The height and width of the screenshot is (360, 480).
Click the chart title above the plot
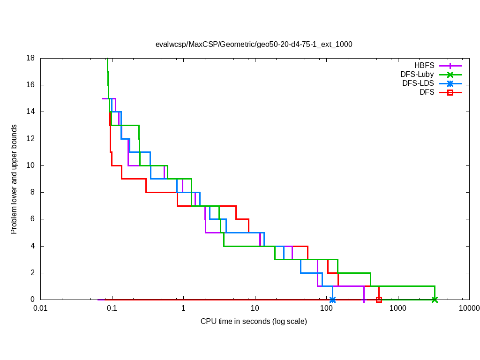point(254,45)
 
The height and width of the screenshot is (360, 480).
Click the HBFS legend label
point(424,66)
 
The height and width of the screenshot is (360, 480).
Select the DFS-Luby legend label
point(417,75)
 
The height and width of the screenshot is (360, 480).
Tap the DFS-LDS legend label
point(418,83)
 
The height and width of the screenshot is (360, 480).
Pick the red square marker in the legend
point(450,93)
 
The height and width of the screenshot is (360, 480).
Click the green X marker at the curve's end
point(435,300)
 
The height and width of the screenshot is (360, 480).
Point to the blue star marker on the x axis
point(332,300)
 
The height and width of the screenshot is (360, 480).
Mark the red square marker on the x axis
point(379,300)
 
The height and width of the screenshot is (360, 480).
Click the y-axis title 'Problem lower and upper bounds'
point(15,179)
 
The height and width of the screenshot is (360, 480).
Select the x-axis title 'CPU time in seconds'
point(254,322)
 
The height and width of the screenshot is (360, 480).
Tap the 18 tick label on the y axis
point(30,59)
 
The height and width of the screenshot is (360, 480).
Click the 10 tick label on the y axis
point(30,165)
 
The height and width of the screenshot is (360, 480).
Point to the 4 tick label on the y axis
point(32,246)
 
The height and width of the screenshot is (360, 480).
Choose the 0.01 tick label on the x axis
point(40,308)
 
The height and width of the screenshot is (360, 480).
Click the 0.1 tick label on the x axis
point(112,308)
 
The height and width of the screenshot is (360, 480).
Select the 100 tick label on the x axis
point(326,308)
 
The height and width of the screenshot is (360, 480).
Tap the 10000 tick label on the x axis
point(469,308)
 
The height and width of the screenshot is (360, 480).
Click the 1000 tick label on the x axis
point(397,308)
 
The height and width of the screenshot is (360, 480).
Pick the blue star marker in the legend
point(450,84)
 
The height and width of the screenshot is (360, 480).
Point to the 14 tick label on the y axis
point(30,112)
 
